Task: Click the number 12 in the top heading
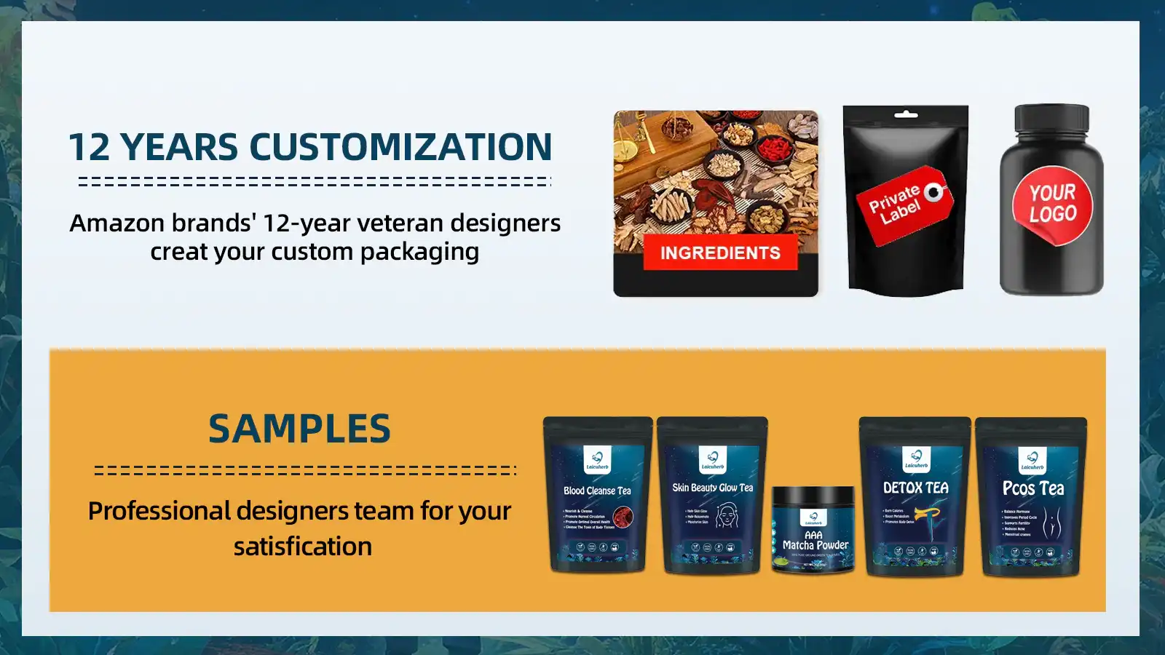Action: pyautogui.click(x=89, y=148)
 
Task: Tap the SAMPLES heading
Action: pyautogui.click(x=299, y=429)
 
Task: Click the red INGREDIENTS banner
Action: pyautogui.click(x=719, y=253)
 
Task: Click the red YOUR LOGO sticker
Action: pyautogui.click(x=1052, y=204)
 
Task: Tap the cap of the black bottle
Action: pyautogui.click(x=1051, y=118)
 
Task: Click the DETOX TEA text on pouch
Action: pyautogui.click(x=915, y=488)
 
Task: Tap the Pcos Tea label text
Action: pyautogui.click(x=1032, y=488)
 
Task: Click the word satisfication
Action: pyautogui.click(x=302, y=547)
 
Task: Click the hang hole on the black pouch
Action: pyautogui.click(x=905, y=115)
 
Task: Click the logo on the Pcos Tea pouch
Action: pyautogui.click(x=1032, y=460)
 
